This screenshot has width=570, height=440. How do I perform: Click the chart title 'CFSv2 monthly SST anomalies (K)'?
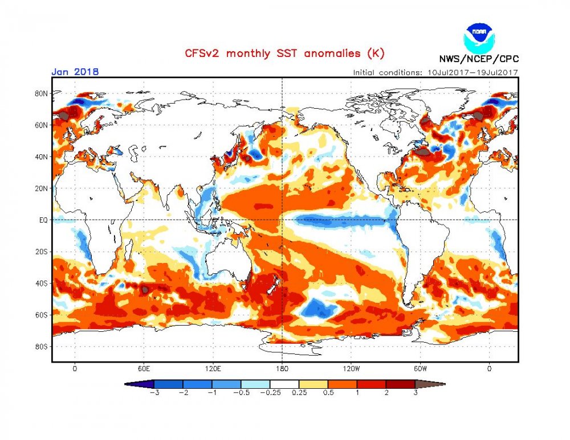(x=284, y=54)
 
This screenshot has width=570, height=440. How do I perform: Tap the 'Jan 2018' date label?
(x=75, y=72)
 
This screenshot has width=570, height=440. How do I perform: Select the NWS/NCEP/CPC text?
(x=478, y=59)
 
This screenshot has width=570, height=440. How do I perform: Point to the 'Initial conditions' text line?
(x=435, y=72)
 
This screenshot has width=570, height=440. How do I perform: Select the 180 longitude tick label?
(x=282, y=368)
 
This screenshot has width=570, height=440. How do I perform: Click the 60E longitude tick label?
(x=144, y=368)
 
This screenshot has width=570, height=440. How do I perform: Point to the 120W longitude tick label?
(x=351, y=368)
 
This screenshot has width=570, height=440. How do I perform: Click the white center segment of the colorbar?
(x=284, y=384)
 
